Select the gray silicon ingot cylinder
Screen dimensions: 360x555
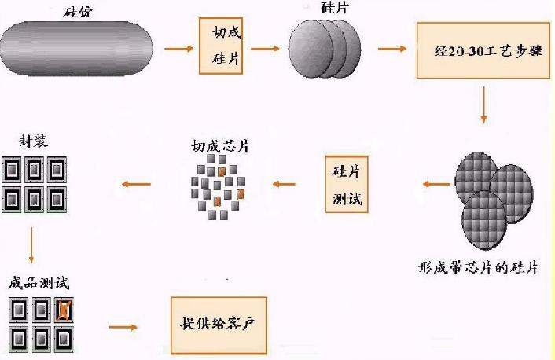75,49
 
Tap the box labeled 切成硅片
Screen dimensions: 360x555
223,46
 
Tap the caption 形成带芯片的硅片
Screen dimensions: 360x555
478,267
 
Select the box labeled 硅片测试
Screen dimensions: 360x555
347,184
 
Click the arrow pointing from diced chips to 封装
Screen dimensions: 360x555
134,184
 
